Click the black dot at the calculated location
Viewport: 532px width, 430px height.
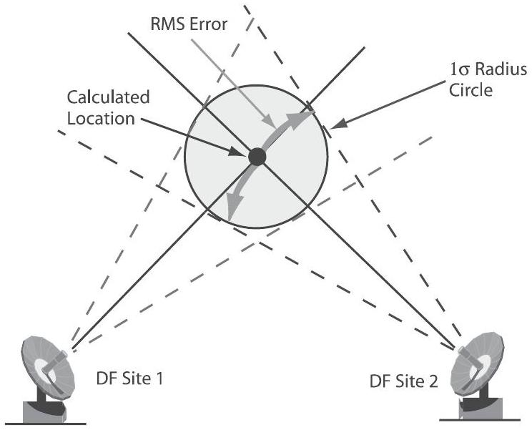pos(257,155)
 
